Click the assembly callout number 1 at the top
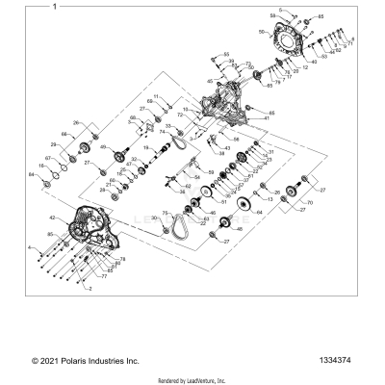click(55, 6)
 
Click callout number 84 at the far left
click(32, 176)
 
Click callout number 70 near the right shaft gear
click(310, 204)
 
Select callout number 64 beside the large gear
click(257, 212)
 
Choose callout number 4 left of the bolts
click(31, 249)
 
